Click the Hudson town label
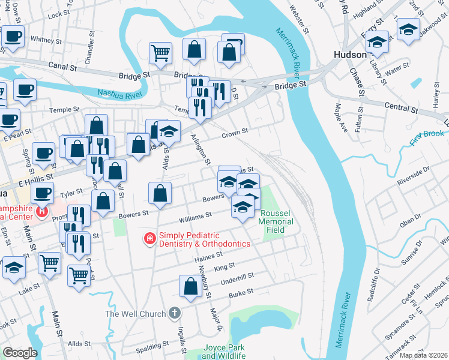pos(350,55)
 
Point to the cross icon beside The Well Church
pos(174,313)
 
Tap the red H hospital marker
pos(41,211)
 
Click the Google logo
pos(20,353)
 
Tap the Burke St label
pos(241,292)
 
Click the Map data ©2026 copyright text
pos(423,355)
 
